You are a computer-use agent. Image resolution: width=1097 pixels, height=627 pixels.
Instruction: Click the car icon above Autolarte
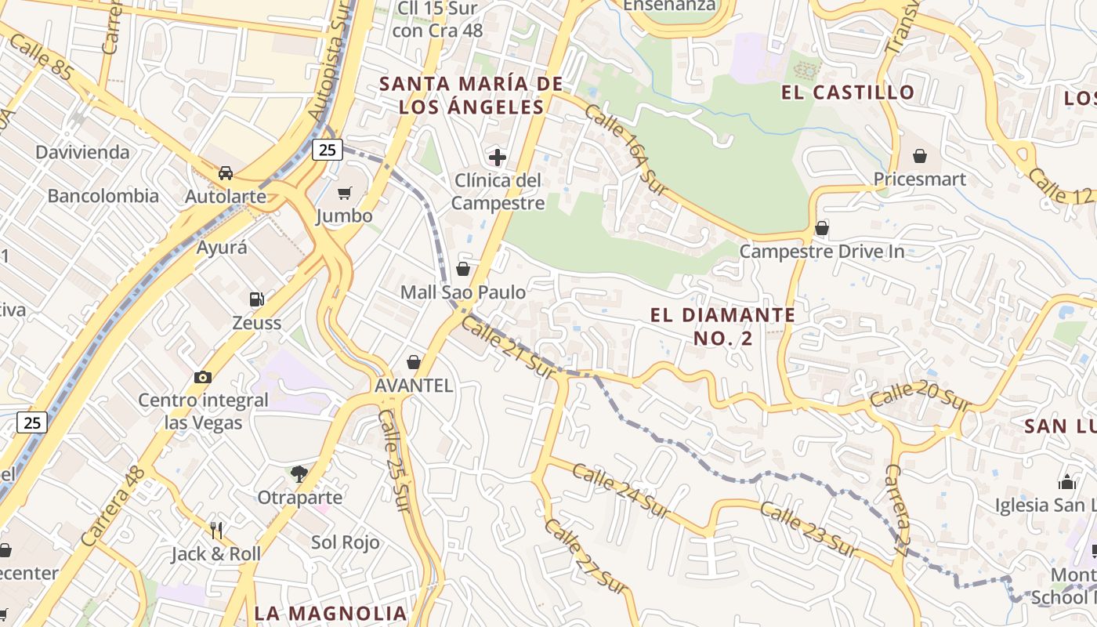(x=226, y=172)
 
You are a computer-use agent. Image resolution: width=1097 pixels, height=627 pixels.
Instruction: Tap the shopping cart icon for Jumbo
(x=344, y=193)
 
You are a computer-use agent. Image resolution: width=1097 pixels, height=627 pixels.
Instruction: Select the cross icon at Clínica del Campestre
(x=498, y=157)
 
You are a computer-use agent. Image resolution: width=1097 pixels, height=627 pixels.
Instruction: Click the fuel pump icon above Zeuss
(x=256, y=299)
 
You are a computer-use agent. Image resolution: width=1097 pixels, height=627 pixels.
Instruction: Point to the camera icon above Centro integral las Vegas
(x=203, y=377)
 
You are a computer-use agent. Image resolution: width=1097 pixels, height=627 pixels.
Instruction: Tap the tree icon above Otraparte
(x=299, y=473)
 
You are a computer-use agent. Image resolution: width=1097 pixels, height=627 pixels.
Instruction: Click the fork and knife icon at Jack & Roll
(x=216, y=531)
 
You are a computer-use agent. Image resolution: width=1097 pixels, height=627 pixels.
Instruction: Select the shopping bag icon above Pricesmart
(x=920, y=156)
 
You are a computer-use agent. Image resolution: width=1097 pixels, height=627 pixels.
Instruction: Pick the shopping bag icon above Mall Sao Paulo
(x=463, y=269)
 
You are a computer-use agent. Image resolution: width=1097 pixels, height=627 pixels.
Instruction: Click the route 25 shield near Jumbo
(x=327, y=149)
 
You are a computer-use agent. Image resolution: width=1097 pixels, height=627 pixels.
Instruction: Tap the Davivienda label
(x=82, y=152)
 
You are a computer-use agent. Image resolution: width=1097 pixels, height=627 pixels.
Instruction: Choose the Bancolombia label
(x=103, y=196)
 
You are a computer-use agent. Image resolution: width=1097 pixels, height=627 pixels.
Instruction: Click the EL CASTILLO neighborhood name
(x=848, y=92)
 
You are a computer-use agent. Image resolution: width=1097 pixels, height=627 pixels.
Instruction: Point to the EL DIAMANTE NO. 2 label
(x=722, y=326)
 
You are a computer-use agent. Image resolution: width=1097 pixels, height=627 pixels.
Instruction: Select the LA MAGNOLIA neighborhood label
(x=331, y=613)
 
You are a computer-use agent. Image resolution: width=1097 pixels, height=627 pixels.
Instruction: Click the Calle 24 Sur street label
(x=621, y=491)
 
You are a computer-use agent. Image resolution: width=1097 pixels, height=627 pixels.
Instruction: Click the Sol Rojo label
(x=346, y=542)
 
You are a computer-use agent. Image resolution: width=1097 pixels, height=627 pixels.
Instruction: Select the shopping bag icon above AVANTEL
(x=414, y=362)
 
